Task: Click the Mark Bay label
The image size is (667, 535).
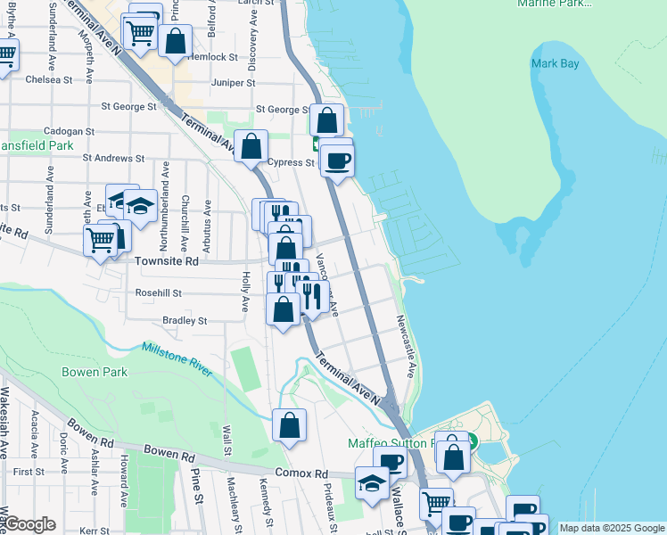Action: click(x=555, y=63)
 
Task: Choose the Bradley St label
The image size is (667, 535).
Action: click(x=185, y=320)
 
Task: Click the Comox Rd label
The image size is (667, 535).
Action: click(x=301, y=473)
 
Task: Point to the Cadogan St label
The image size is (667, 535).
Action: click(x=69, y=131)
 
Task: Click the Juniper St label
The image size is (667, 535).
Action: click(x=233, y=83)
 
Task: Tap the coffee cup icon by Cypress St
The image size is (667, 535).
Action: click(x=338, y=161)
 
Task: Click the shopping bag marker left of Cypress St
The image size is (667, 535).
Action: click(x=252, y=144)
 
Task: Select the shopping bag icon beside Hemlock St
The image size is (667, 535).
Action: click(x=176, y=40)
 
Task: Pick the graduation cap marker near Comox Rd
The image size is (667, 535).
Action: click(x=372, y=483)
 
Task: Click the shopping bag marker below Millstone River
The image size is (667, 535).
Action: click(x=289, y=425)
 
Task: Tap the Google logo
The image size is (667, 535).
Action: click(x=30, y=524)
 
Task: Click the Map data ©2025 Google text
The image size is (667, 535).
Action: click(x=611, y=528)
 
